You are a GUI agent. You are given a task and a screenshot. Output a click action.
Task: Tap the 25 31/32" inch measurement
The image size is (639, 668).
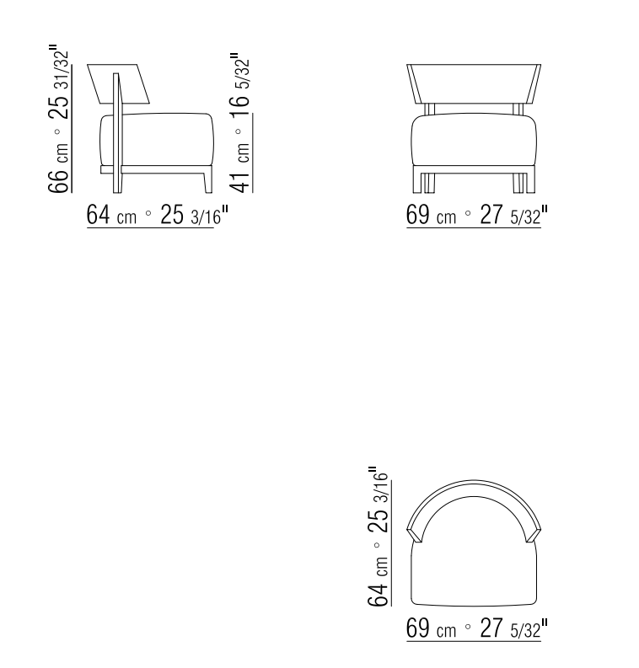(58, 82)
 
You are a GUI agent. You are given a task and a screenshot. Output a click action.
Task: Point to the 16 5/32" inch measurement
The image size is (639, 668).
(239, 85)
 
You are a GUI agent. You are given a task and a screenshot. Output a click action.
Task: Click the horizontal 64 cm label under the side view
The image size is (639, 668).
(111, 215)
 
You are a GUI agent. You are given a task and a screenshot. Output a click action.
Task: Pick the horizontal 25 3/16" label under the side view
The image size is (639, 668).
(195, 215)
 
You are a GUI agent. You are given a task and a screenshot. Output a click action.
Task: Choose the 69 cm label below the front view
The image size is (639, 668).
(431, 215)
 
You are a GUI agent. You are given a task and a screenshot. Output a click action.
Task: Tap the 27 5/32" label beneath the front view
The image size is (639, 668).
(513, 215)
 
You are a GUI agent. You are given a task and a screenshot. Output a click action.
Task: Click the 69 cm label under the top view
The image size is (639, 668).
(431, 628)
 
